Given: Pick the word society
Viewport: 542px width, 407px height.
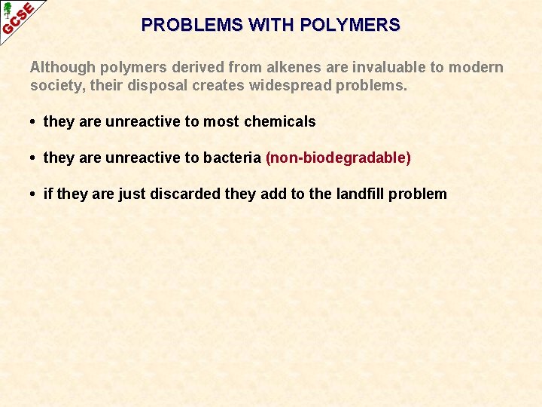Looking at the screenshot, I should coord(54,85).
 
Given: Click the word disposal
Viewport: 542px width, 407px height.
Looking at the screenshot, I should coord(158,85).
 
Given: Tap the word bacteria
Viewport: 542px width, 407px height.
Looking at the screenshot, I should coord(234,158).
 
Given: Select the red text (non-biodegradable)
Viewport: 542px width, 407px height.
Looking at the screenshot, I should coord(338,158).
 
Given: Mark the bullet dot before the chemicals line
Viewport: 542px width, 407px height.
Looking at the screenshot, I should coord(35,122).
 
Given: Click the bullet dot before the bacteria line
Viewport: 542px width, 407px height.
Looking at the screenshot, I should coord(35,158).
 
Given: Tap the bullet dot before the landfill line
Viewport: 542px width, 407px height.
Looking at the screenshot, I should coord(35,194).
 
